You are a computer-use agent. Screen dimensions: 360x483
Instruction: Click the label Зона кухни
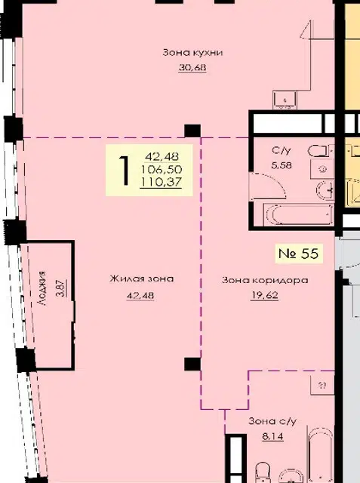[192, 53]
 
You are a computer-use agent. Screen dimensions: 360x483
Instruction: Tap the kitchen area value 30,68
[192, 67]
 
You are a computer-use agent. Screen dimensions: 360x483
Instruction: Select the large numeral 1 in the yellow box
[124, 171]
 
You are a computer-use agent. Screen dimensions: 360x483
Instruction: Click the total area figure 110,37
[161, 182]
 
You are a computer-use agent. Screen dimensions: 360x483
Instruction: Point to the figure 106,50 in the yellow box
[161, 169]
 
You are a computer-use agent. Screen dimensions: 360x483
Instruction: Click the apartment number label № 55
[298, 254]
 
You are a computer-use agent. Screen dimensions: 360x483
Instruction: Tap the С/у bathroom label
[282, 151]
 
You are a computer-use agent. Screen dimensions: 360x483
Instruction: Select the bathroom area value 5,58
[282, 165]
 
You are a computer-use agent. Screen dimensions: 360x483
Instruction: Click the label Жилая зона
[142, 279]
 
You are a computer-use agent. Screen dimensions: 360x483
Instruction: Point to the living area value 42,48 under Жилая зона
[140, 296]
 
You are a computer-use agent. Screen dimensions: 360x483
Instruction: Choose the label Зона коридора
[265, 280]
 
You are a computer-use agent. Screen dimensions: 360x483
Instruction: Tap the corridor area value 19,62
[265, 295]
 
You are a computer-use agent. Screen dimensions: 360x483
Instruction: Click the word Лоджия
[42, 288]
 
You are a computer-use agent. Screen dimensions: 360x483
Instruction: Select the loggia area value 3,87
[60, 288]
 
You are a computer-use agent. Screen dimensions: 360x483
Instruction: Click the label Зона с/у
[272, 421]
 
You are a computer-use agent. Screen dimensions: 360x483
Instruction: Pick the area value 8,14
[272, 436]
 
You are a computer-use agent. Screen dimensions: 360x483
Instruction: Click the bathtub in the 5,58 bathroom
[298, 214]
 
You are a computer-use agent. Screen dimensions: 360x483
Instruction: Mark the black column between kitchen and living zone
[192, 131]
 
